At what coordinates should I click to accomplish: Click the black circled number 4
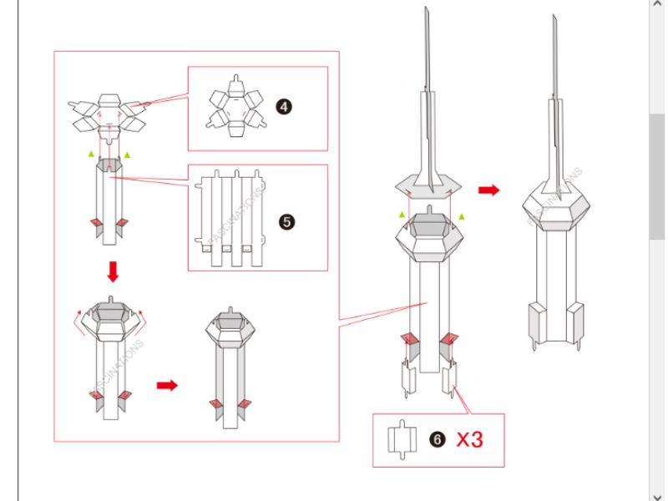[284, 107]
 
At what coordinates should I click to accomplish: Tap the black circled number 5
[286, 222]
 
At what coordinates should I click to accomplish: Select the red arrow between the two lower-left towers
[168, 385]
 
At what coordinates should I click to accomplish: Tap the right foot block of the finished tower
[575, 322]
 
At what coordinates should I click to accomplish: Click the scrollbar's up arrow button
[659, 7]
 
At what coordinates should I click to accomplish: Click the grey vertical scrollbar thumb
[659, 175]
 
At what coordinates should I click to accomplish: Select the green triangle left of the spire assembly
[402, 215]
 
